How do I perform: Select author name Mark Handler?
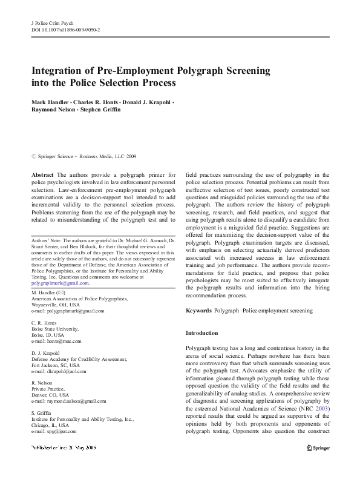pyautogui.click(x=51, y=101)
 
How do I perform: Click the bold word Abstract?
pyautogui.click(x=43, y=174)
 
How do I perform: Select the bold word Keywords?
pyautogui.click(x=199, y=311)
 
